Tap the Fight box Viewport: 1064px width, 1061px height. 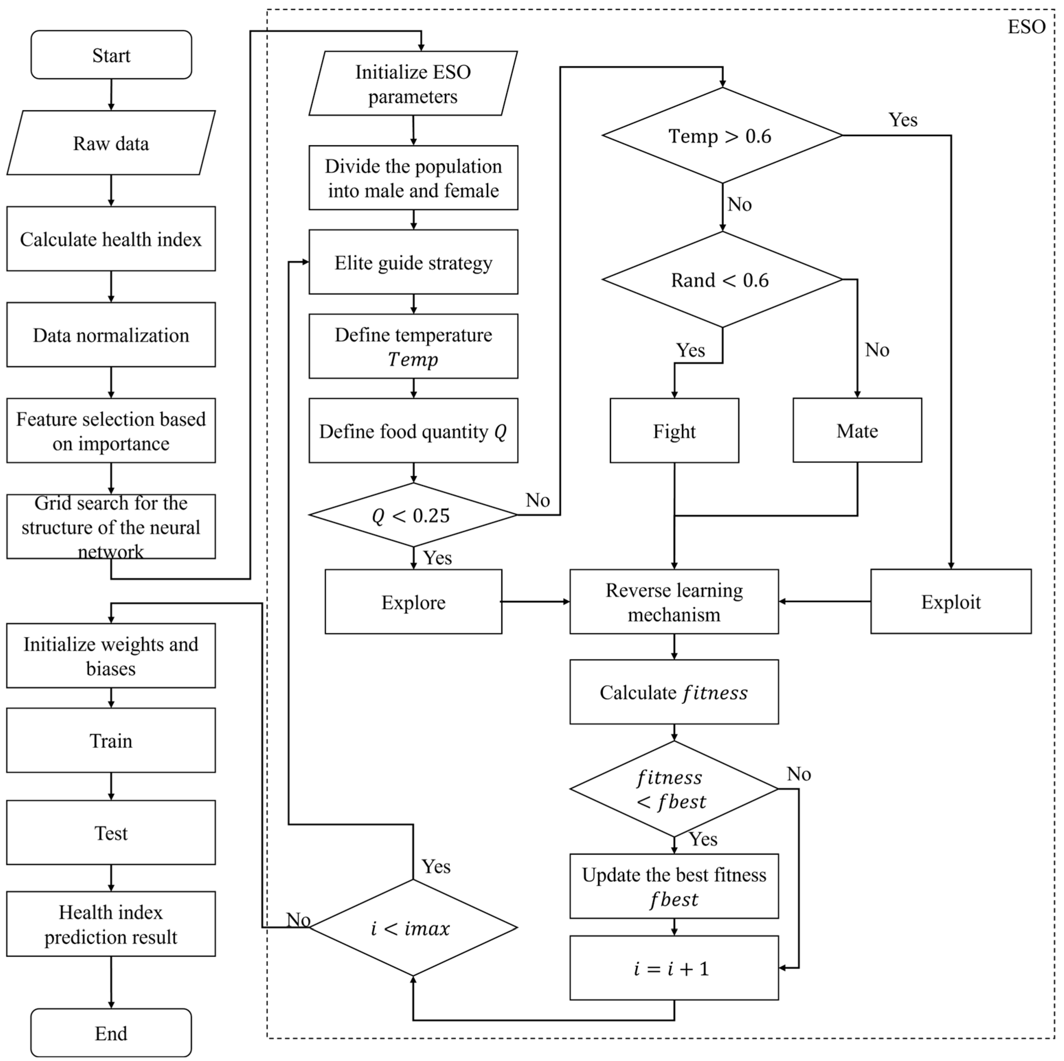point(674,430)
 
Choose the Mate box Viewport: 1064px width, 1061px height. point(857,430)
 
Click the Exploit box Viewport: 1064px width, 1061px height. point(951,601)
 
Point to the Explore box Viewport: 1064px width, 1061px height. point(413,602)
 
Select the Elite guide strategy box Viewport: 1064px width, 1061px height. point(413,262)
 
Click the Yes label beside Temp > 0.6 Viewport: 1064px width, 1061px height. point(903,119)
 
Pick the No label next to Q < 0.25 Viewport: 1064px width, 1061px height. point(538,500)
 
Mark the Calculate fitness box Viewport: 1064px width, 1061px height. point(674,692)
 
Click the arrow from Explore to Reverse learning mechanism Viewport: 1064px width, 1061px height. point(535,601)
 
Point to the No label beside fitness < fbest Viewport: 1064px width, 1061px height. point(799,774)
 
